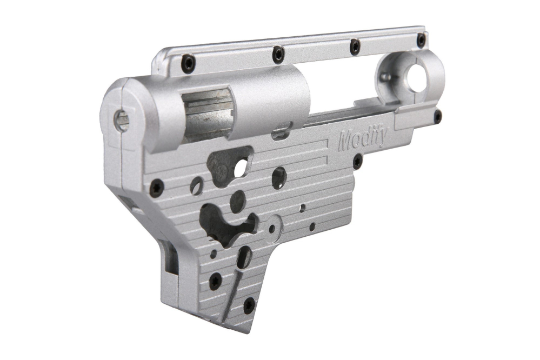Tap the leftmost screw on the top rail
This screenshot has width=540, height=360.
coord(188,64)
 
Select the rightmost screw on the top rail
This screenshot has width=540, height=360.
coord(421,40)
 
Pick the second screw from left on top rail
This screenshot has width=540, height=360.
coord(278,54)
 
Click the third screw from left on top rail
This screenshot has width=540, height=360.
coord(355,46)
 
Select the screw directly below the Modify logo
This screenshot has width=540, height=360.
coord(357,161)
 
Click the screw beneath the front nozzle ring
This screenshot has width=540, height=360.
coord(437,116)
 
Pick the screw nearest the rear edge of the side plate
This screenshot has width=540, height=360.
coord(156,188)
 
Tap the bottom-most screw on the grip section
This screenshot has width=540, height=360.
coord(249,305)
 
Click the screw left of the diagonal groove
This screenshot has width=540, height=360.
coord(215,281)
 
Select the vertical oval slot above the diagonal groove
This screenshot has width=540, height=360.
coord(244,257)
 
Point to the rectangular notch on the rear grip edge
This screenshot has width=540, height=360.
coord(169,254)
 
